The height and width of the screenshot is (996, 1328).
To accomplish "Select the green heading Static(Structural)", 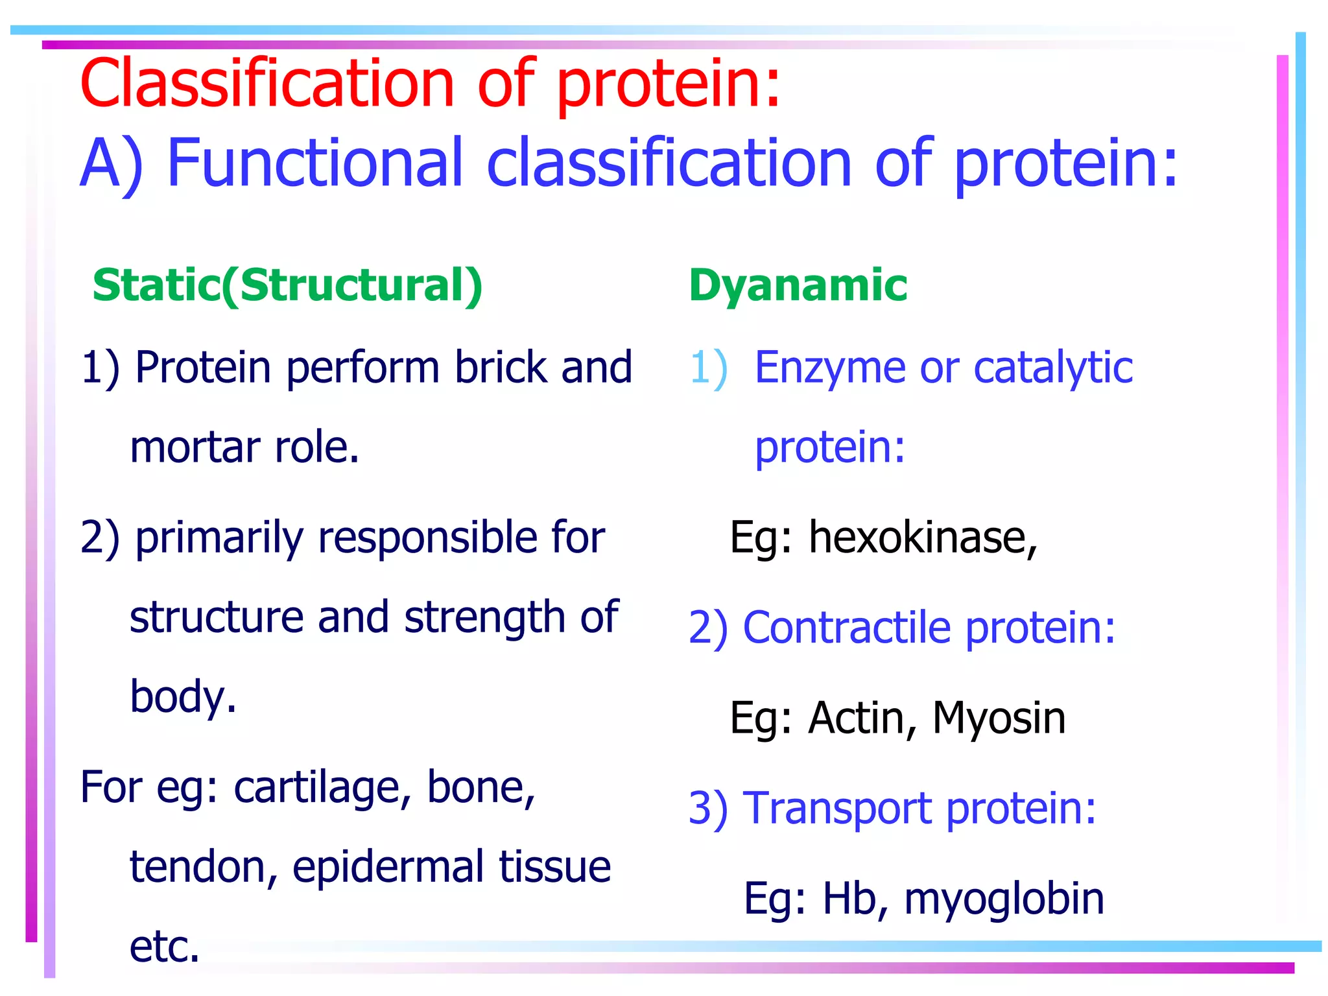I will [287, 285].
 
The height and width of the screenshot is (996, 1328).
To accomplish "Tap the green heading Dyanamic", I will [798, 285].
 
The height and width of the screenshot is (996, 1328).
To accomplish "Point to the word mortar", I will [195, 447].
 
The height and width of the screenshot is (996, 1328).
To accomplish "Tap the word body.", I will [183, 697].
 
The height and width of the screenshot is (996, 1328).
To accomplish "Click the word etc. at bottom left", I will [165, 947].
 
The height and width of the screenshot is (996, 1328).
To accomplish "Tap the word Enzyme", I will [830, 368].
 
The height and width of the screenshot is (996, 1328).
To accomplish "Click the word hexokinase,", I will [923, 538].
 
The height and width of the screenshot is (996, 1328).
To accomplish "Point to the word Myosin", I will [999, 718].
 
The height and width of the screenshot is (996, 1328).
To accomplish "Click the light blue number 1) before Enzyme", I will [709, 368].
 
